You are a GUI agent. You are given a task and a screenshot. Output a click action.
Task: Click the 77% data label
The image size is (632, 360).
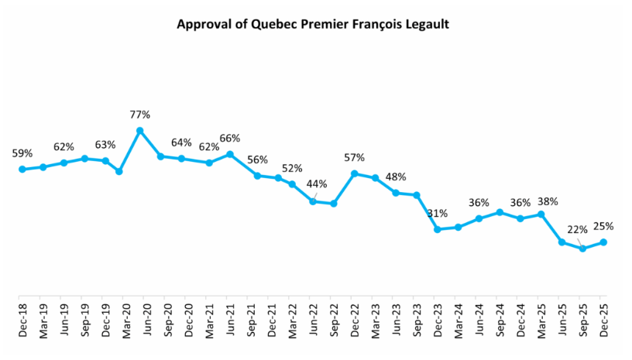pos(140,115)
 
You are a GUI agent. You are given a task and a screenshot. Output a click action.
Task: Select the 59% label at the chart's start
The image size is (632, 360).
pos(22,153)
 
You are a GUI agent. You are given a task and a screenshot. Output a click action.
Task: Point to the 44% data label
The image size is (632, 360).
pos(317,184)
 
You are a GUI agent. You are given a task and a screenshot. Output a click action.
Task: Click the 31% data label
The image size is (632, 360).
pos(438,213)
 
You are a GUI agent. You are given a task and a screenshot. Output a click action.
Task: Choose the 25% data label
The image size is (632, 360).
pos(603,226)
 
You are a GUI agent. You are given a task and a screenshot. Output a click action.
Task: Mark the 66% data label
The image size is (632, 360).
pos(230,139)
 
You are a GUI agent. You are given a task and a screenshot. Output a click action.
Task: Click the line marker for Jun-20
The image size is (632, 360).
pos(140,131)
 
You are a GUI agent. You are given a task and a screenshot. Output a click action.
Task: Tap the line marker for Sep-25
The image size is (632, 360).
pos(582,249)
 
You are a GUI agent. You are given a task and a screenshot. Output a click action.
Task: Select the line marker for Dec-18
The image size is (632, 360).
pos(22,170)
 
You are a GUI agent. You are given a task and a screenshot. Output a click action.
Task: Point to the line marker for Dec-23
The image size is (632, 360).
pos(438,229)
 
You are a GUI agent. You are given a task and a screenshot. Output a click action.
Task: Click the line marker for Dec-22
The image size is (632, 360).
pos(354,173)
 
